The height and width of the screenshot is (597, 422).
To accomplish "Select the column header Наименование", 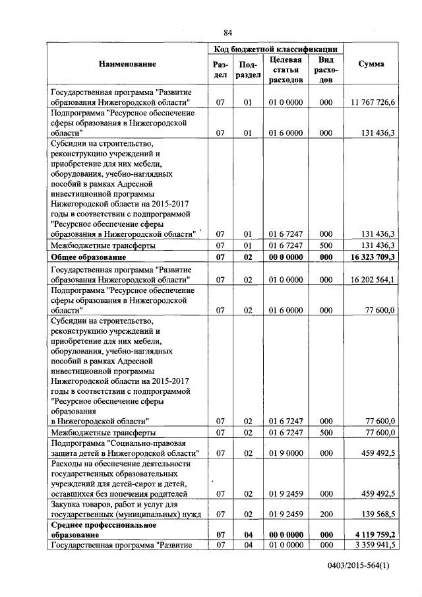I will click(x=127, y=64).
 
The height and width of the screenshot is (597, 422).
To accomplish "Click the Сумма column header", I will click(x=371, y=64).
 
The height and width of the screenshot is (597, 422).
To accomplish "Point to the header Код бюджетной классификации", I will click(x=276, y=49).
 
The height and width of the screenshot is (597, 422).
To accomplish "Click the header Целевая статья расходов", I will click(x=286, y=69).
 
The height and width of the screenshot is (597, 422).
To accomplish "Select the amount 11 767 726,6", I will click(x=372, y=102).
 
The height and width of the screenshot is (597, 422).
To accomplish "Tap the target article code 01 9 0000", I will click(x=286, y=454).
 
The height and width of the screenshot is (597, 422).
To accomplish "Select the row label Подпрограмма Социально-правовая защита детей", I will click(x=125, y=449).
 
